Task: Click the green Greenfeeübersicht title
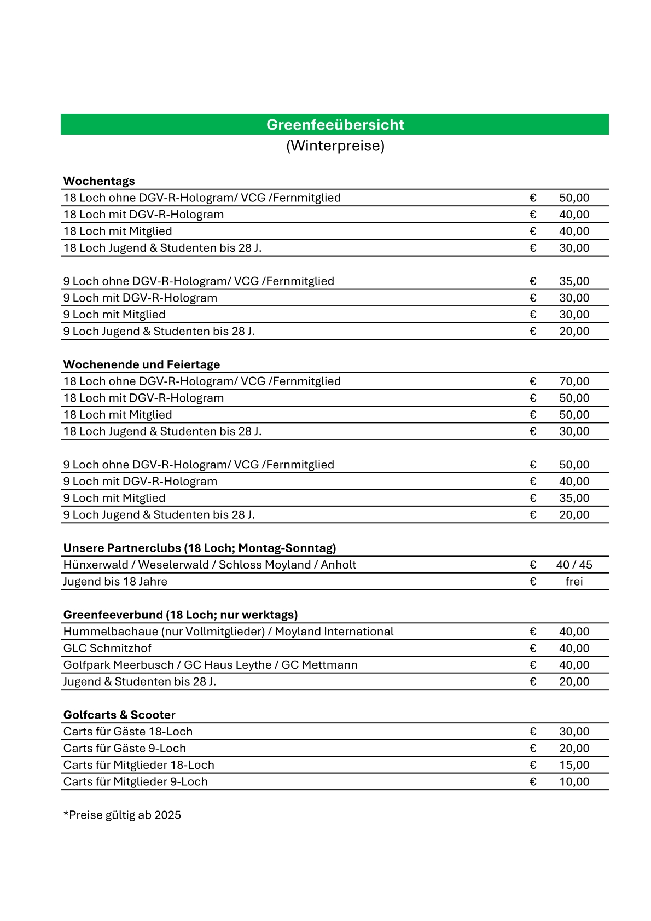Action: pos(335,125)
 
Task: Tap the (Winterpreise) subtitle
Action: pos(335,146)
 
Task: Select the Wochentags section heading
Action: pos(99,181)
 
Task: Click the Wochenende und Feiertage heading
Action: pos(142,364)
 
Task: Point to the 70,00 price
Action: pos(574,381)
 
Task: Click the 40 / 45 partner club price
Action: pos(574,565)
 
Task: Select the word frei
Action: pos(574,582)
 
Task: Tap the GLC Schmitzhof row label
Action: pos(107,648)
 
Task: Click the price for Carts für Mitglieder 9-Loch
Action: pos(574,782)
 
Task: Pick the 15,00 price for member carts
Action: pos(574,765)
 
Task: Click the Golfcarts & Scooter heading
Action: pos(119,715)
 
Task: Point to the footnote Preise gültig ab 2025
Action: pos(123,815)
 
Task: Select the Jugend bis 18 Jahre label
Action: pos(115,582)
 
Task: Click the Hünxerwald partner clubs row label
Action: pos(210,565)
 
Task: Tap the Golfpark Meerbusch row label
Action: pos(210,665)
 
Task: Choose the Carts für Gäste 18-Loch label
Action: pos(128,732)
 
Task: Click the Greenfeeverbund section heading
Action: pos(181,615)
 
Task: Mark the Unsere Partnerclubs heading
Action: pos(200,548)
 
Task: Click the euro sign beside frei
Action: pos(533,582)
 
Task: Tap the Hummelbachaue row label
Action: pos(228,632)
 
